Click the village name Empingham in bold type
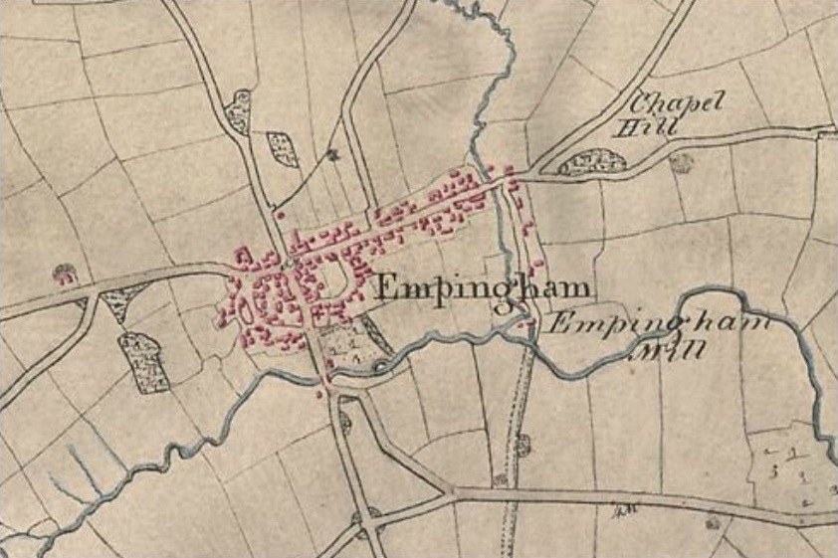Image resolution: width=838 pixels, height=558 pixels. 483,288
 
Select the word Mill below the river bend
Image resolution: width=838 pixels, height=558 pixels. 684,349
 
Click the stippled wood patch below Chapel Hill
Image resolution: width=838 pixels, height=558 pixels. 593,162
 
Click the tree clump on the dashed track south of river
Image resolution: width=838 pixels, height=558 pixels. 522,445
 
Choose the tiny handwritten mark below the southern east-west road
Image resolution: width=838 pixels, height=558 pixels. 626,511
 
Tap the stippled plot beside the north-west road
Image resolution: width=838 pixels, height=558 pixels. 284,149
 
